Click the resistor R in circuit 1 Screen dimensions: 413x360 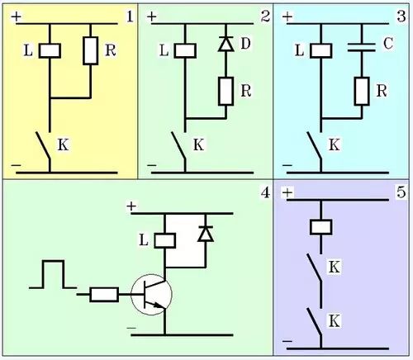(91, 50)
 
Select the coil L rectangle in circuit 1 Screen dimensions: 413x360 (50, 50)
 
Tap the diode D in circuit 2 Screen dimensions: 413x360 (226, 45)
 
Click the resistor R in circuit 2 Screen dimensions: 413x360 (226, 91)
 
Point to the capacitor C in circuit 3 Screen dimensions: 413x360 (362, 47)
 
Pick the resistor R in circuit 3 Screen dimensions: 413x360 (362, 91)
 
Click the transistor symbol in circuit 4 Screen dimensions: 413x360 (151, 295)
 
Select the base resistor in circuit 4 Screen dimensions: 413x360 (104, 295)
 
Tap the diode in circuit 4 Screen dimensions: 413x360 (206, 234)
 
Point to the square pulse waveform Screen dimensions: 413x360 (53, 274)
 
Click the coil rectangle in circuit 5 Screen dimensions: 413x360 (321, 227)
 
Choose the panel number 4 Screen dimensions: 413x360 (265, 192)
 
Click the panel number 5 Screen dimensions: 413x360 (401, 192)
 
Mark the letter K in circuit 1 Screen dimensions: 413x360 (63, 144)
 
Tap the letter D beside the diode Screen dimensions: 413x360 (245, 44)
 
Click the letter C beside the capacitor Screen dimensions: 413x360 (388, 44)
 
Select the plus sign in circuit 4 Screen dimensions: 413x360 (131, 206)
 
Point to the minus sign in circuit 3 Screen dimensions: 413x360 (287, 165)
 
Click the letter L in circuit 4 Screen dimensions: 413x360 (144, 240)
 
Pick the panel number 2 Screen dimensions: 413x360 (265, 17)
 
